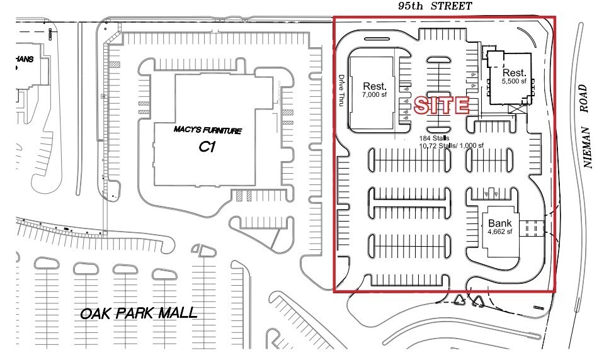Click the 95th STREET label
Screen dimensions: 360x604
pyautogui.click(x=435, y=6)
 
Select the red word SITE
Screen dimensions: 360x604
pyautogui.click(x=442, y=106)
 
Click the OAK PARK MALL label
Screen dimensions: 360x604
pyautogui.click(x=139, y=312)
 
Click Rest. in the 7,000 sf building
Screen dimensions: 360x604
pyautogui.click(x=374, y=86)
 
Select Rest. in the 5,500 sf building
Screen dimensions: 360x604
pyautogui.click(x=513, y=72)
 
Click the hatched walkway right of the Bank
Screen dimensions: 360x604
pyautogui.click(x=533, y=227)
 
